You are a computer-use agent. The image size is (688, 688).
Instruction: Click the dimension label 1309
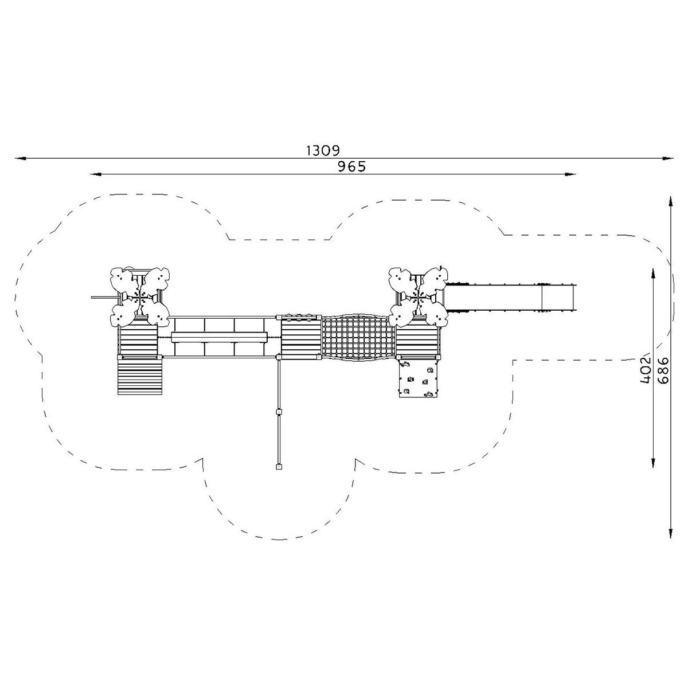[x=323, y=151]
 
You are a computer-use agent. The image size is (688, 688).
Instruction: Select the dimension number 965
[x=352, y=167]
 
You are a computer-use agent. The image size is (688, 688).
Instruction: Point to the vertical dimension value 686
[x=663, y=370]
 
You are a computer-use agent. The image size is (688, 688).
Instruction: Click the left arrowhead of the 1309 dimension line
[x=20, y=158]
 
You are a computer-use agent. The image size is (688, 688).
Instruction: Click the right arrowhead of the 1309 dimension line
[x=668, y=158]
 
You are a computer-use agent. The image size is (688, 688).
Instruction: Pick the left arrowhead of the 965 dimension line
[x=96, y=174]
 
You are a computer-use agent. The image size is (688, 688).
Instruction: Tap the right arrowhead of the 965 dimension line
[x=570, y=174]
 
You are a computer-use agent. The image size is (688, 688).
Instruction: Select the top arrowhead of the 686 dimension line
[x=670, y=202]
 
